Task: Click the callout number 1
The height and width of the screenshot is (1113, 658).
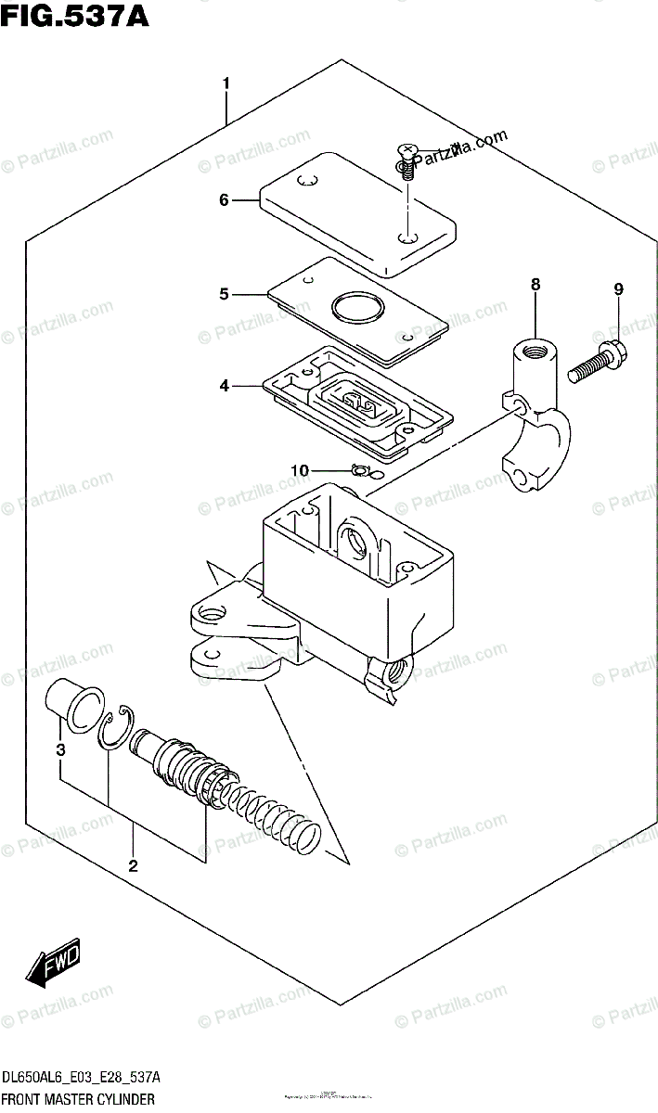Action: pyautogui.click(x=226, y=84)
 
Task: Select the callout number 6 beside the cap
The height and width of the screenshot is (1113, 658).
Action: pyautogui.click(x=224, y=198)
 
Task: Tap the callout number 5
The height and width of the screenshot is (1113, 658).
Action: pyautogui.click(x=224, y=294)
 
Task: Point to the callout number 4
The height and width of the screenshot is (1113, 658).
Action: pyautogui.click(x=224, y=385)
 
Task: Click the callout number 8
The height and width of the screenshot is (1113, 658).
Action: pyautogui.click(x=535, y=285)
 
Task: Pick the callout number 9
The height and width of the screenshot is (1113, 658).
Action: pyautogui.click(x=618, y=290)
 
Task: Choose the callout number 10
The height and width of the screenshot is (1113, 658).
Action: pyautogui.click(x=298, y=471)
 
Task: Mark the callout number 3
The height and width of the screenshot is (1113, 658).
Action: pyautogui.click(x=59, y=749)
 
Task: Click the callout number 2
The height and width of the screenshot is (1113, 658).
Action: pyautogui.click(x=133, y=866)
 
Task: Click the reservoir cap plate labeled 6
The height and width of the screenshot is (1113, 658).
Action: pyautogui.click(x=357, y=213)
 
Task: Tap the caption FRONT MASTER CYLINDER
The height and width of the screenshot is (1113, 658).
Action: pyautogui.click(x=78, y=1098)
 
